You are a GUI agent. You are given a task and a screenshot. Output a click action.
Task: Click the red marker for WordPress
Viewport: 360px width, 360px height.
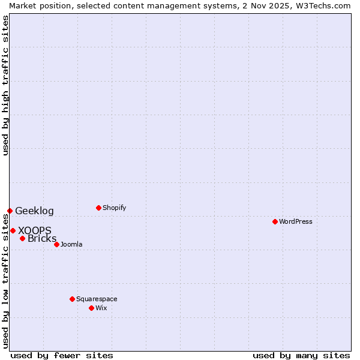275,221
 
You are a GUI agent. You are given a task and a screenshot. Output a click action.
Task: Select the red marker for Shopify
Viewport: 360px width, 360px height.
98,208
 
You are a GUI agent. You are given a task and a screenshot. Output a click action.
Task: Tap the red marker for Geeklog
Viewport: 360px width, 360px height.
10,211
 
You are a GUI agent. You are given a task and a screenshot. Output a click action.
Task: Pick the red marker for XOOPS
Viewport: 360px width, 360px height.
13,230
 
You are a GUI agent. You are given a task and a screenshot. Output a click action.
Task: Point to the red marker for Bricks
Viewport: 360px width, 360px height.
22,238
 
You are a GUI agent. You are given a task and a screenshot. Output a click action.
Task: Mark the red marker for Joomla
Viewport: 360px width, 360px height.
56,244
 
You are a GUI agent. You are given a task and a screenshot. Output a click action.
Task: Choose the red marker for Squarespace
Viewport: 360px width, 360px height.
72,299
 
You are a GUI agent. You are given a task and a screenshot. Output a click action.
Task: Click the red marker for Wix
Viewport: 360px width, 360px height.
91,308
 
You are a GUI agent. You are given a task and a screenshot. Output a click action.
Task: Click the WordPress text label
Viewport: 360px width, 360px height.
296,221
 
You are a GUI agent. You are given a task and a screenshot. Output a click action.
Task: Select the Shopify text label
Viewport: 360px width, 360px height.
114,208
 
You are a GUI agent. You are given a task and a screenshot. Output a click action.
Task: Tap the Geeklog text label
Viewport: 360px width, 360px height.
34,211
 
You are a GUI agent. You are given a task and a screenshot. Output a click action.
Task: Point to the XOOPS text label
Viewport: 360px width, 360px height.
35,230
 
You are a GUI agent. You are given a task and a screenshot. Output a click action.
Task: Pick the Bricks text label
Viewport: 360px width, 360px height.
42,239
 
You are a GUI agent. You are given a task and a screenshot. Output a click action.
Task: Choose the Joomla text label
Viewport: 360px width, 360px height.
71,244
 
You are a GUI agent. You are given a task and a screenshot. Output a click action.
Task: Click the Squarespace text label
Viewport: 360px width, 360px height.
97,299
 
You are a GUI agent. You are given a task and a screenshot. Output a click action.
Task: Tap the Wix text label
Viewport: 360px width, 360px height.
101,308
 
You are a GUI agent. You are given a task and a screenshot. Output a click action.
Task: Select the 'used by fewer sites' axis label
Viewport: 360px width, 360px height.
62,355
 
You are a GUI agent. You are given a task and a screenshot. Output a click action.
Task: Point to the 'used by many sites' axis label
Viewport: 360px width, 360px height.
301,355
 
